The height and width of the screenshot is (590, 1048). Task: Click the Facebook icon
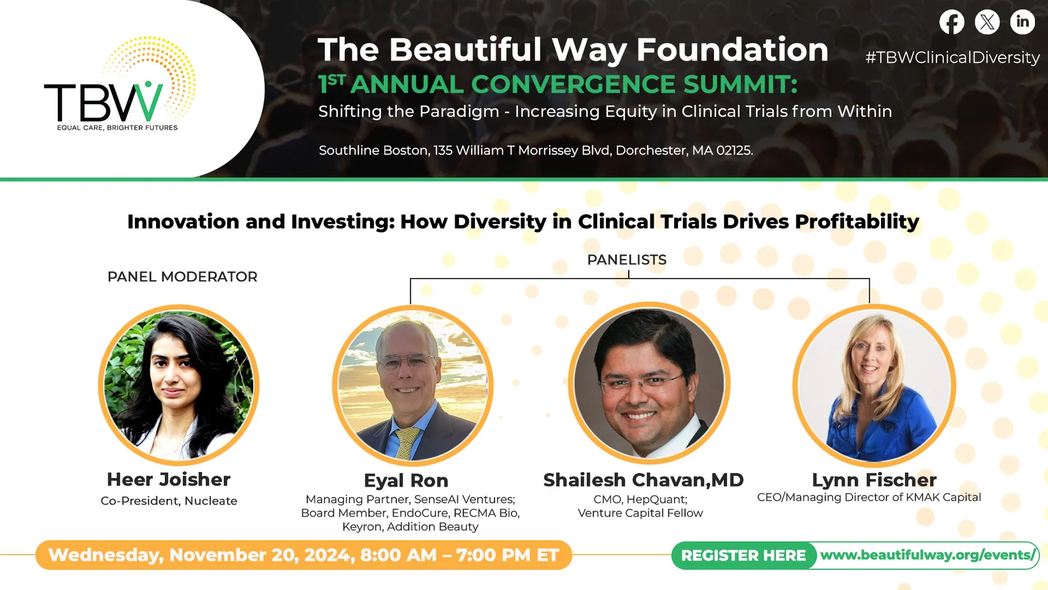click(952, 22)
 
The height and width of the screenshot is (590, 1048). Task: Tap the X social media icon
click(987, 22)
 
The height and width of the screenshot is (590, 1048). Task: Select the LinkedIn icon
click(1022, 22)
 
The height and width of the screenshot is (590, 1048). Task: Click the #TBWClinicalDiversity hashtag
click(952, 58)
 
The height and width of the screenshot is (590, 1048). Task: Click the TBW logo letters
click(103, 102)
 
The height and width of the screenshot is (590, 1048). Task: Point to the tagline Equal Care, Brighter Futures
click(117, 127)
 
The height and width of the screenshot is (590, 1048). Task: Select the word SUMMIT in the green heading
click(739, 85)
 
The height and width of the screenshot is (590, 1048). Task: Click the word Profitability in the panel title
click(857, 222)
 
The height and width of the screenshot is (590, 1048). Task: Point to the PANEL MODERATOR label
click(183, 277)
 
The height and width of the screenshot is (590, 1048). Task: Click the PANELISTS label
click(627, 260)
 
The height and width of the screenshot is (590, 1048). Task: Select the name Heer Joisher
click(168, 479)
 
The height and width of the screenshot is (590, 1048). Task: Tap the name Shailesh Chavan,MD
click(643, 480)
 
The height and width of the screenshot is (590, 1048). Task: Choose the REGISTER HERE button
click(743, 555)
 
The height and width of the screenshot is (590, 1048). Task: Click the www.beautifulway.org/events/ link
click(927, 555)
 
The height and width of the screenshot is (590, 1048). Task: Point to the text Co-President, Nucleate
click(169, 501)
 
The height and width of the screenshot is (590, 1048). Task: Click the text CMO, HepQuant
click(640, 500)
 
